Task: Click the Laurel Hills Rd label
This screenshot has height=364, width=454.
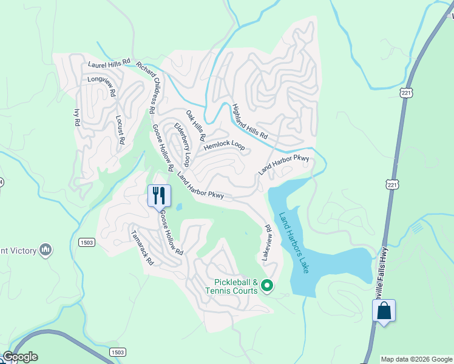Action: pos(109,62)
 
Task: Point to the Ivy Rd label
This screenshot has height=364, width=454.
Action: pos(76,117)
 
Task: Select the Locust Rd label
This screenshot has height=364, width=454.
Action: pos(120,130)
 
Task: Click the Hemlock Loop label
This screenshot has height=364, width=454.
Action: pos(224,146)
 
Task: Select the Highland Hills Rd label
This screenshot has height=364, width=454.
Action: pos(249,121)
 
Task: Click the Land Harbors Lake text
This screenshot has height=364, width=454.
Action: pos(294,242)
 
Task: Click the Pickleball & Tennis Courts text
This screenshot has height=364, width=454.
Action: pos(237,286)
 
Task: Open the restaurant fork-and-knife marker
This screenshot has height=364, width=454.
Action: pos(159,196)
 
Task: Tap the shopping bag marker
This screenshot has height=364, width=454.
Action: pos(384,311)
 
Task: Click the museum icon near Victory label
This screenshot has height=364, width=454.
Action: pos(46,249)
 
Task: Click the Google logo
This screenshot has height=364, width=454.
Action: pos(19,357)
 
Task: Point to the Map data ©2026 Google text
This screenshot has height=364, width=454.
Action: pos(416,359)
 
